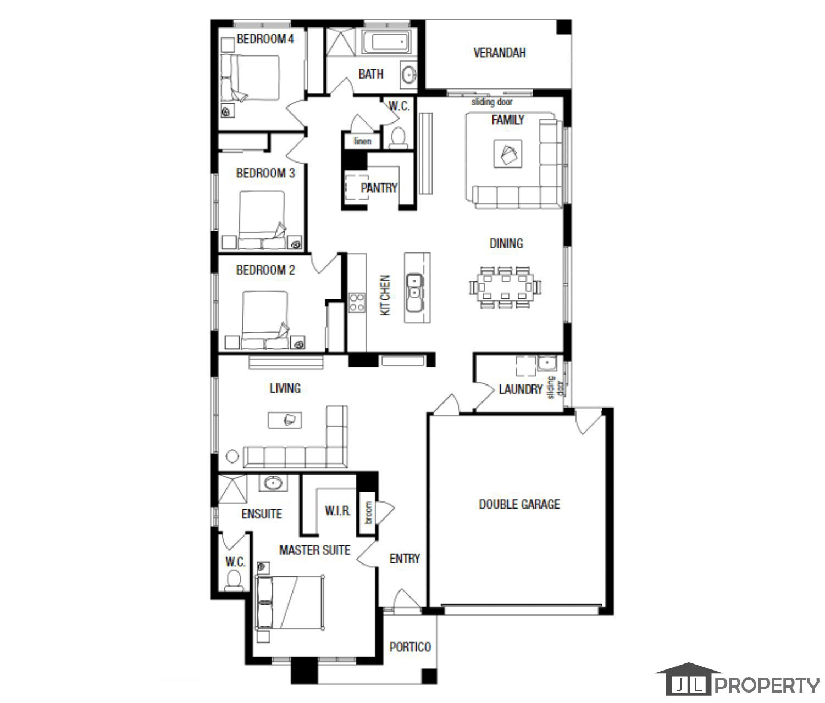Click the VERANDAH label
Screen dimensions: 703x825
pos(500,53)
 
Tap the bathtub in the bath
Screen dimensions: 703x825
pos(387,43)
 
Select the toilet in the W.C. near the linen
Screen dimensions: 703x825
pos(397,137)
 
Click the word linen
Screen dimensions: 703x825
pos(362,141)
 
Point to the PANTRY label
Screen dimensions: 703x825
pos(379,188)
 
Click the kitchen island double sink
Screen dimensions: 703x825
pos(413,292)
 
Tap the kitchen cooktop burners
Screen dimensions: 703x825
pos(356,302)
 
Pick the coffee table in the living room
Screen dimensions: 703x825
pos(285,420)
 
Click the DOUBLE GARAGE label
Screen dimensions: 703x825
pos(519,504)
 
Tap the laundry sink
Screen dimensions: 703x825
pos(547,364)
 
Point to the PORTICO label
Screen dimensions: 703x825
pos(410,647)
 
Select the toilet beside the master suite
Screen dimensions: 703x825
pos(235,579)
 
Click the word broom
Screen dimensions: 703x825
pos(368,512)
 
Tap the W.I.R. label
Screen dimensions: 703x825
pos(337,511)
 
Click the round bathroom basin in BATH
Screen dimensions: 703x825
pos(409,75)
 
